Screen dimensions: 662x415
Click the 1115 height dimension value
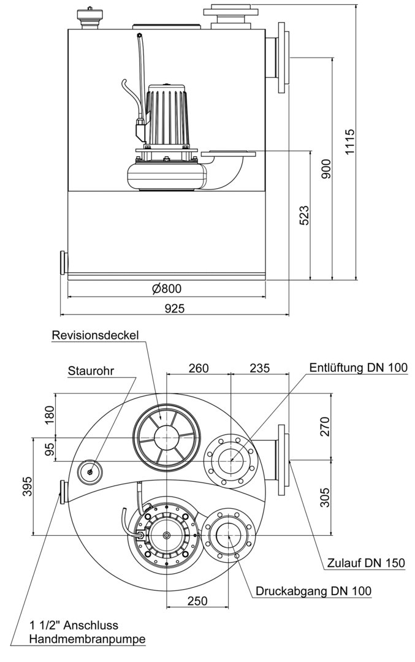pyautogui.click(x=350, y=142)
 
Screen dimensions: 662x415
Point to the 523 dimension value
pyautogui.click(x=304, y=216)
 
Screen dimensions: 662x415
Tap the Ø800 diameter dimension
pyautogui.click(x=166, y=289)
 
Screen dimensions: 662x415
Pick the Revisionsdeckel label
pyautogui.click(x=96, y=335)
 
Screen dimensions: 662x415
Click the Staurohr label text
pyautogui.click(x=92, y=371)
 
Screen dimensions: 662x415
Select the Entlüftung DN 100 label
pyautogui.click(x=358, y=367)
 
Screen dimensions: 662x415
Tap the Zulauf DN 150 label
pyautogui.click(x=366, y=563)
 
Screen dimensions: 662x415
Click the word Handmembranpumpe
pyautogui.click(x=88, y=639)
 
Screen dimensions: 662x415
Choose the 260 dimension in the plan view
pyautogui.click(x=199, y=368)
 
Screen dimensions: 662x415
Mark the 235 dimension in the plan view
pyautogui.click(x=260, y=368)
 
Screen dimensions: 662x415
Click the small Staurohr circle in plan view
pyautogui.click(x=90, y=471)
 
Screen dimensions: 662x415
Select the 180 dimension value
pyautogui.click(x=50, y=415)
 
